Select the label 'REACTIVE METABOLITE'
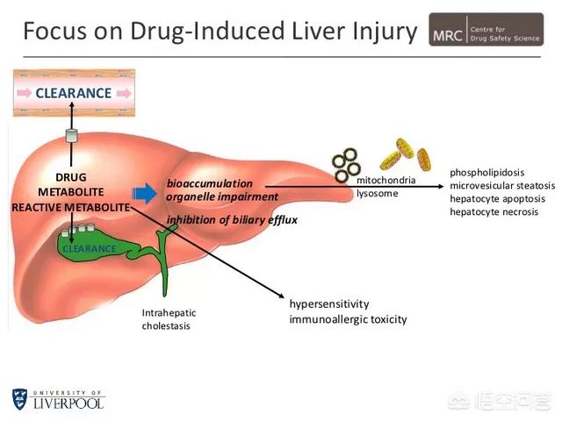click(70, 207)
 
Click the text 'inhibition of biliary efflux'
click(226, 219)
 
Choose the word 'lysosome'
click(377, 193)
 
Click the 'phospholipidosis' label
click(487, 172)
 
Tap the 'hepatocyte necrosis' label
click(494, 212)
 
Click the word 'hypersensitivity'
click(329, 303)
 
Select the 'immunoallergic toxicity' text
click(348, 319)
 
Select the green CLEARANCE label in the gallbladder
click(88, 248)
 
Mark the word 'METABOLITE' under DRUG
click(71, 191)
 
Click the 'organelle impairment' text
click(222, 196)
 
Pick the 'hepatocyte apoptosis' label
click(497, 198)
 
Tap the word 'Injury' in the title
click(378, 33)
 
